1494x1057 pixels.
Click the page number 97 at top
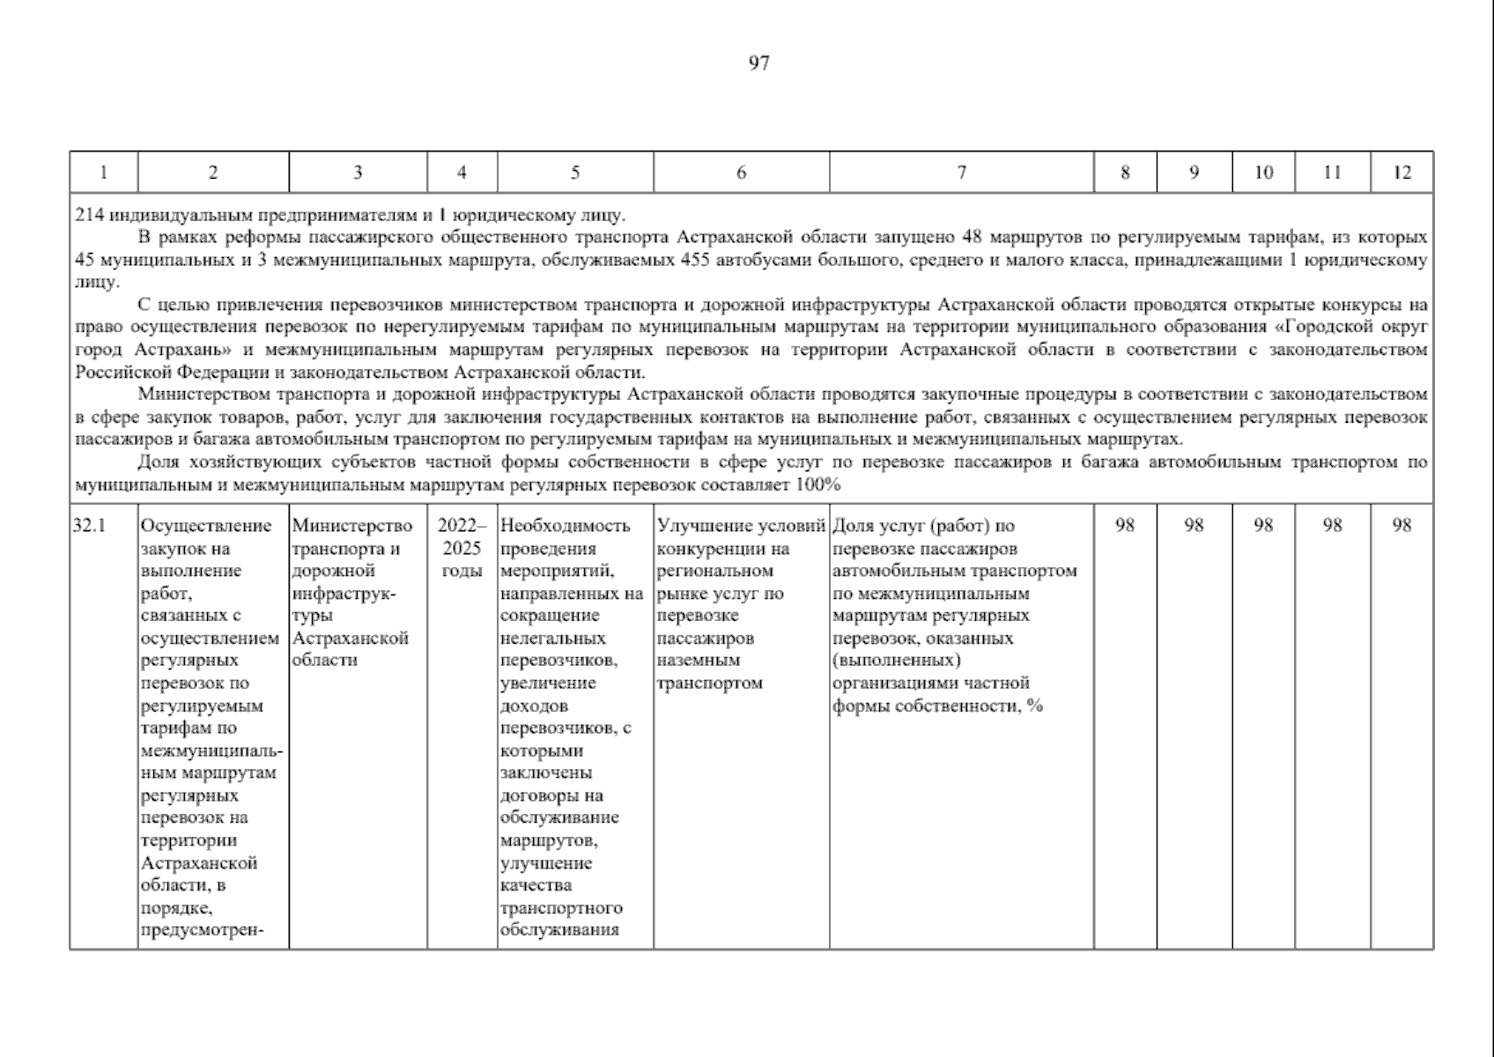[x=758, y=63]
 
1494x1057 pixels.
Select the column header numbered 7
[x=961, y=173]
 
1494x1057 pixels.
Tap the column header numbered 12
[x=1402, y=173]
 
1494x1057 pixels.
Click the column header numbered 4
[x=462, y=173]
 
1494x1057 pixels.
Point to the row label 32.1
[x=89, y=526]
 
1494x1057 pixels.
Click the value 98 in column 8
[x=1125, y=526]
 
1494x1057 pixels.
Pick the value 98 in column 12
[x=1402, y=526]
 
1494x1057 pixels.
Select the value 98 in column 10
[x=1263, y=526]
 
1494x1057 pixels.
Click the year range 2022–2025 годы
[x=462, y=548]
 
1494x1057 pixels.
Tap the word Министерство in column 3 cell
[x=351, y=526]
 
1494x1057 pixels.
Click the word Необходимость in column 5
[x=565, y=526]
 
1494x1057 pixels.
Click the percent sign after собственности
[x=1035, y=706]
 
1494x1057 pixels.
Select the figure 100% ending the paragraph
[x=818, y=484]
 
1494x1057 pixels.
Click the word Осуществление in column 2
[x=206, y=526]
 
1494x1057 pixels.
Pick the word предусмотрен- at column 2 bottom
[x=203, y=930]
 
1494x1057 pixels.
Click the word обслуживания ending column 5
[x=558, y=930]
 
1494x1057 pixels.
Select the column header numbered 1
[x=103, y=173]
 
